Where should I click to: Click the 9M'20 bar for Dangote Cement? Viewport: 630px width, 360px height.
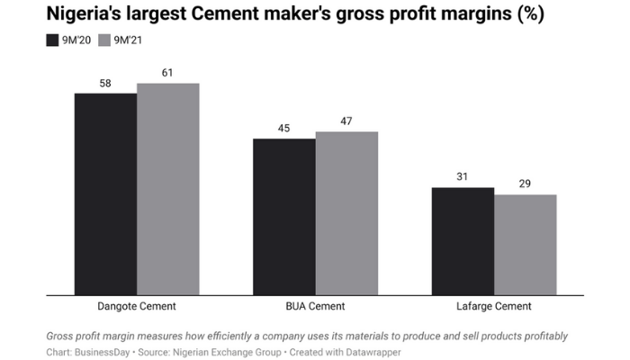(105, 193)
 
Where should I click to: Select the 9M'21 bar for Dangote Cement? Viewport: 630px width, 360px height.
(167, 189)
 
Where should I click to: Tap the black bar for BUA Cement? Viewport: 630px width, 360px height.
(283, 216)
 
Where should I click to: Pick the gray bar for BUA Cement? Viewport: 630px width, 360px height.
(346, 213)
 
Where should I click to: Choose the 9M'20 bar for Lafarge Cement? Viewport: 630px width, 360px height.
(463, 240)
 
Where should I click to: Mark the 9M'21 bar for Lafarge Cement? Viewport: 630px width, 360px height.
(526, 244)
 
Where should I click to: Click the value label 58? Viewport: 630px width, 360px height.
(105, 83)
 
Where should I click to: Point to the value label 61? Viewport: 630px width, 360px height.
(167, 73)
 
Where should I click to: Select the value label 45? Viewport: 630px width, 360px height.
(283, 128)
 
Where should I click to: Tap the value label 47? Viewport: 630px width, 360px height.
(346, 121)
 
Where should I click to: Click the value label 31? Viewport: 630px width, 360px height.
(463, 176)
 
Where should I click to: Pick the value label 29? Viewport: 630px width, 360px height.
(526, 184)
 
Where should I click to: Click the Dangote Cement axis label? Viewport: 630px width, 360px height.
(137, 306)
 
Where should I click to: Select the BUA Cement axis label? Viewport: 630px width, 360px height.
(315, 306)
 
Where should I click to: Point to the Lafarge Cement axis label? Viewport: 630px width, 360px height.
(494, 306)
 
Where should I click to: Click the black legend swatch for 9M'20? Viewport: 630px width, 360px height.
(51, 40)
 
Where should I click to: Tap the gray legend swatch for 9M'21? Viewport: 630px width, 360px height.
(103, 40)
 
